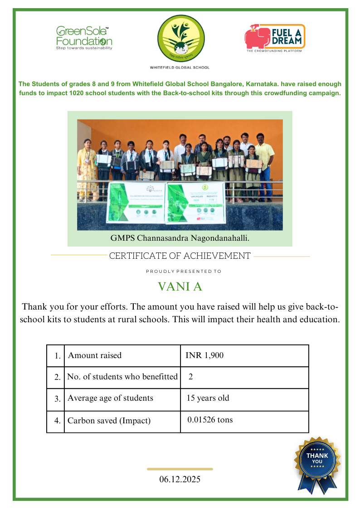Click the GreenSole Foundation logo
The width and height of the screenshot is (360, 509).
84,38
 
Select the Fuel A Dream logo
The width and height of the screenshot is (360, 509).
275,38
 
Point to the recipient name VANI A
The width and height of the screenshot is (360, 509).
180,287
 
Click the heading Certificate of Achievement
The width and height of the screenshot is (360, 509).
180,256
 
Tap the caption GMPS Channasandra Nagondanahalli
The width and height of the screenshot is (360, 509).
180,238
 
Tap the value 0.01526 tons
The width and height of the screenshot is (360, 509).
210,420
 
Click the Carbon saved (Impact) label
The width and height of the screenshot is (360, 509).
109,421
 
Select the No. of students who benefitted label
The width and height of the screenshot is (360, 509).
122,377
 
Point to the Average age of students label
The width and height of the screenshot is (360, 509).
110,398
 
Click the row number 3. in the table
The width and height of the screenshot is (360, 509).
57,399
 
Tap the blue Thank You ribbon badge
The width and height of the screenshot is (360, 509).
317,463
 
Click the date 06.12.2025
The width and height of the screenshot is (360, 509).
180,479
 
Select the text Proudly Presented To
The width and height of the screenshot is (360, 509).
184,271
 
